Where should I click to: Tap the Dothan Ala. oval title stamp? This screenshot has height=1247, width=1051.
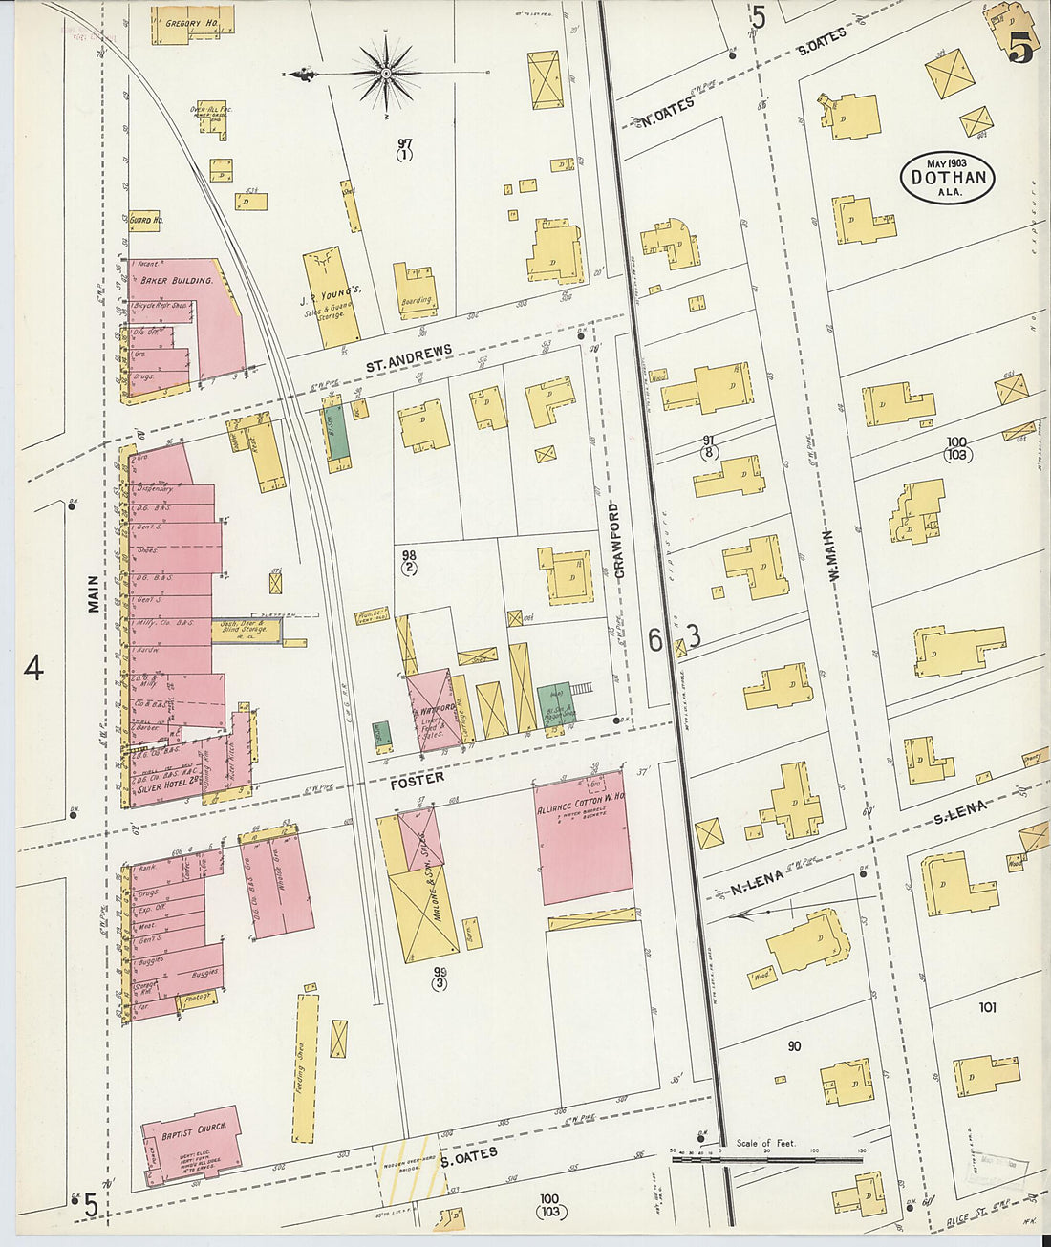pyautogui.click(x=947, y=178)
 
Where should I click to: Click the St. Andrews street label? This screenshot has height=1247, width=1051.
pyautogui.click(x=409, y=359)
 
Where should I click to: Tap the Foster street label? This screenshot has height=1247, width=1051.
pyautogui.click(x=417, y=781)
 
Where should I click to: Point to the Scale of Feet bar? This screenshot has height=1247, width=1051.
pyautogui.click(x=766, y=1159)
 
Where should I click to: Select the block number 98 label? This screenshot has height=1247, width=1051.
pyautogui.click(x=409, y=561)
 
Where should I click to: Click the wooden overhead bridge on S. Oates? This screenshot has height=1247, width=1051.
pyautogui.click(x=411, y=1168)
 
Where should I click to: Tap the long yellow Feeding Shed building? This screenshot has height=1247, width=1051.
pyautogui.click(x=305, y=1066)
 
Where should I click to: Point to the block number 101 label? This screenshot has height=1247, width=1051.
pyautogui.click(x=987, y=1006)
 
